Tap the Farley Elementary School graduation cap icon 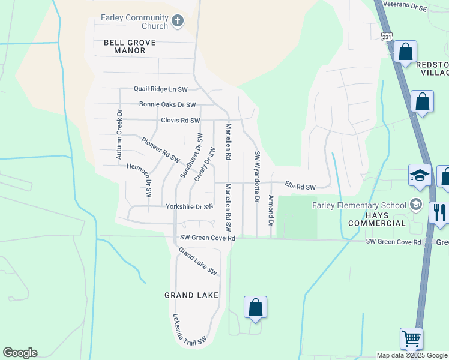(415, 205)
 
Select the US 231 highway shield (387, 36)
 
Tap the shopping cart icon (411, 338)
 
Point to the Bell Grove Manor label (130, 47)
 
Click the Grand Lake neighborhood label (187, 295)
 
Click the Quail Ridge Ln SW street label (161, 89)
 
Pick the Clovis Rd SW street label (180, 121)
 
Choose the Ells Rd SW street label (300, 187)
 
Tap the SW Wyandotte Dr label (256, 176)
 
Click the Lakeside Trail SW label (190, 330)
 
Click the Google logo (20, 353)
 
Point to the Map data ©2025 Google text (412, 355)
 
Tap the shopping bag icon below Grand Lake (255, 307)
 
